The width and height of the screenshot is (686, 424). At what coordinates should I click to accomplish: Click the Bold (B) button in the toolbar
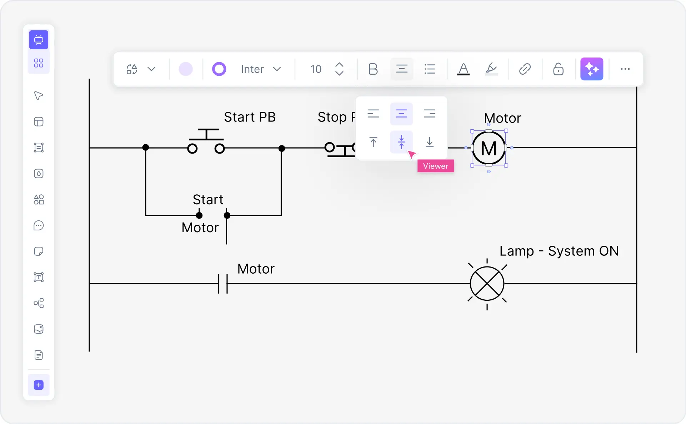[x=373, y=69]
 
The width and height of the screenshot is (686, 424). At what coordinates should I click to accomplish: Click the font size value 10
[x=316, y=69]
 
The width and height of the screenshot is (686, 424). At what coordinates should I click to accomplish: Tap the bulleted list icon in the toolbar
[x=430, y=69]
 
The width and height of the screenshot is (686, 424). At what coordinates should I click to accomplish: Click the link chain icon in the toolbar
[x=525, y=69]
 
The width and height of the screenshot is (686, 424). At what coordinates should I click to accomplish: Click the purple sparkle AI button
[x=591, y=69]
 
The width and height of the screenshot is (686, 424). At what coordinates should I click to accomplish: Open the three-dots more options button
[x=625, y=69]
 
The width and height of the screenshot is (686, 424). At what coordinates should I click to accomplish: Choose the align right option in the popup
[x=429, y=114]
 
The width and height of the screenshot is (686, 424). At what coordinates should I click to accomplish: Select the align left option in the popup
[x=373, y=114]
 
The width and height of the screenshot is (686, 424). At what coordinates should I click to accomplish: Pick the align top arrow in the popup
[x=373, y=142]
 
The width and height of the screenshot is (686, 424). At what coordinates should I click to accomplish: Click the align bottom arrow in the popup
[x=429, y=142]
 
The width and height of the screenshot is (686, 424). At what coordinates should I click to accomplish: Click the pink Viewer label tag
[x=435, y=166]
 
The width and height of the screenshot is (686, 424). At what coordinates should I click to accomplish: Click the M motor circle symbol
[x=489, y=148]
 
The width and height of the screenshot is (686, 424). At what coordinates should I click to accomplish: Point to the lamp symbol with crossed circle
[x=487, y=284]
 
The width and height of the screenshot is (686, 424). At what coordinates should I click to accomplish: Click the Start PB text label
[x=250, y=117]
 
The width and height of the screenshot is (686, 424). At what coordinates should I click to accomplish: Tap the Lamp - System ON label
[x=559, y=251]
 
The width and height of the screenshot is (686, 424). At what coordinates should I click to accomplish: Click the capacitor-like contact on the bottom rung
[x=223, y=284]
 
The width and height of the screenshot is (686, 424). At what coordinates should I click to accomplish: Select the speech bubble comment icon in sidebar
[x=39, y=226]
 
